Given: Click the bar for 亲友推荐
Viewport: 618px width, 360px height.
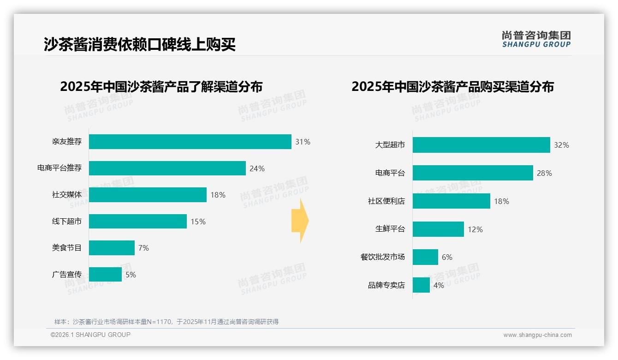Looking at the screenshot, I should (190, 142).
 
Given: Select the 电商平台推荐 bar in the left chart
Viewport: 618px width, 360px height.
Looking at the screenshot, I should (167, 168).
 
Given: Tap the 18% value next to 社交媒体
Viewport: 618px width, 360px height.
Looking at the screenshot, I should (218, 195).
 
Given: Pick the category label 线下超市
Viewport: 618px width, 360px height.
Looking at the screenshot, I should (67, 222).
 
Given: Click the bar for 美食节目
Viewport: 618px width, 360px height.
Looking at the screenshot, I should (112, 248).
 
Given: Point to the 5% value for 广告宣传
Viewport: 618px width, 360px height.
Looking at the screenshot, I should (131, 275).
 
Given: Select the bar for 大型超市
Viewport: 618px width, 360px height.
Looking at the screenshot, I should (481, 145).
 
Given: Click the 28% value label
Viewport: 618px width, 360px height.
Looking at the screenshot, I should (544, 173).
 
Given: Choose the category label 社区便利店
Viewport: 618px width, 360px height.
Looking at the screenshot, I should (386, 201).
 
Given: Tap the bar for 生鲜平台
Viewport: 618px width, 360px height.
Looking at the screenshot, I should (438, 229).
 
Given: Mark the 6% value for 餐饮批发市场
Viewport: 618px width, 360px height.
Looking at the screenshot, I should (447, 257).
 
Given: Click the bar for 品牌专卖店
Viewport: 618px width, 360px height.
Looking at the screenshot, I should (421, 285).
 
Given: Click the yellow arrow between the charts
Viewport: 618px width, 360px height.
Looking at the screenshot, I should (300, 221).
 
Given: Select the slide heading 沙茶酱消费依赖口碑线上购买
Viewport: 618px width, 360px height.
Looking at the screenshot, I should (140, 44).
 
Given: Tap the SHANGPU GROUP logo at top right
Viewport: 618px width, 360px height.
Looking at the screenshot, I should (536, 39).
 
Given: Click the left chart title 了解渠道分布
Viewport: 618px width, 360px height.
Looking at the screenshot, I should (161, 87).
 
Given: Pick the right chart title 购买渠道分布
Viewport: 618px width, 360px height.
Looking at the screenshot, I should (452, 87).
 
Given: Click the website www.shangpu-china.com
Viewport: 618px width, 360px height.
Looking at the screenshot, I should (537, 335).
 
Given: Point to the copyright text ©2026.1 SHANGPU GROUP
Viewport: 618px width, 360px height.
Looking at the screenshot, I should (90, 335).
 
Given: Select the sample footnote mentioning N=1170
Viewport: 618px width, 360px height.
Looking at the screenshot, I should (166, 322).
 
